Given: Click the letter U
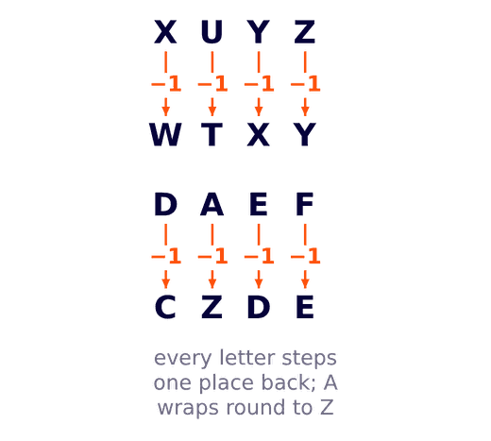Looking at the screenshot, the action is point(212,31).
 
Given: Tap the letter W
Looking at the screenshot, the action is point(165,134).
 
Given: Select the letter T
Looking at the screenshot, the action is point(212,134).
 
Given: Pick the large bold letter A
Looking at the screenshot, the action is point(212,204).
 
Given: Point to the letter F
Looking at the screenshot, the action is point(304,204).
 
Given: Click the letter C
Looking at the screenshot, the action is point(165,307).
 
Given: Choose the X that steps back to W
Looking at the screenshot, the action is point(165,31).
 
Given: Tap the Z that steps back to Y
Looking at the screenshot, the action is point(304,31).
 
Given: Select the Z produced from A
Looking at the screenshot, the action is point(212,307).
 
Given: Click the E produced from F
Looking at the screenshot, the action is point(304,307).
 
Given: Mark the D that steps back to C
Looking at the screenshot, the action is point(165,204).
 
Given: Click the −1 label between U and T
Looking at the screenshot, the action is point(212,84).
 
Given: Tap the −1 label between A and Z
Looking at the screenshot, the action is point(212,256).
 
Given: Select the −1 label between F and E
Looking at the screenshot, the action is point(305,256).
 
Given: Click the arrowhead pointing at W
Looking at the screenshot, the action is point(165,111).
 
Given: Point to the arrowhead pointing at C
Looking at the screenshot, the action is point(165,283).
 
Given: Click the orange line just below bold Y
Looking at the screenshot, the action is point(259,62).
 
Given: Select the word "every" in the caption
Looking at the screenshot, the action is point(182,358).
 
